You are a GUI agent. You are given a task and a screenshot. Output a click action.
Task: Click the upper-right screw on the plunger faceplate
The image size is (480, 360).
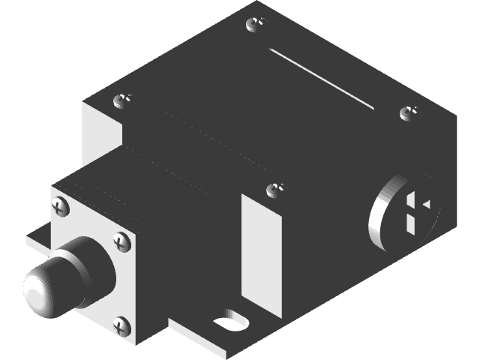pos(121,241)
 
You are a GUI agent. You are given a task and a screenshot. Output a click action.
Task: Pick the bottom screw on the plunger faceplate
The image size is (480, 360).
pos(121,325)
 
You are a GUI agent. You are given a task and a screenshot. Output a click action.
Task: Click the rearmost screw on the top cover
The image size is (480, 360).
pos(256,24)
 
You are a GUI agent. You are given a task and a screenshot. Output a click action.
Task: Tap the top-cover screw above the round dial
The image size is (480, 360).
pos(409,113)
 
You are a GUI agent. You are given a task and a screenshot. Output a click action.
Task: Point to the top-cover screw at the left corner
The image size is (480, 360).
pos(122,100)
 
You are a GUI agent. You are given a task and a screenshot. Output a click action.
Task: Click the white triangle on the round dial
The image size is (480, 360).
pos(426,203)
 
